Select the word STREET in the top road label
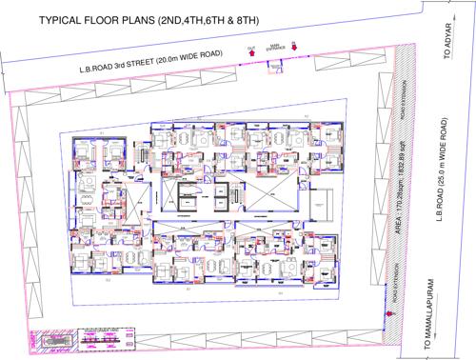coord(155,64)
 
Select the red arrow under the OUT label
coord(251,55)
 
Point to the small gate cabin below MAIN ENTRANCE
coord(276,67)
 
